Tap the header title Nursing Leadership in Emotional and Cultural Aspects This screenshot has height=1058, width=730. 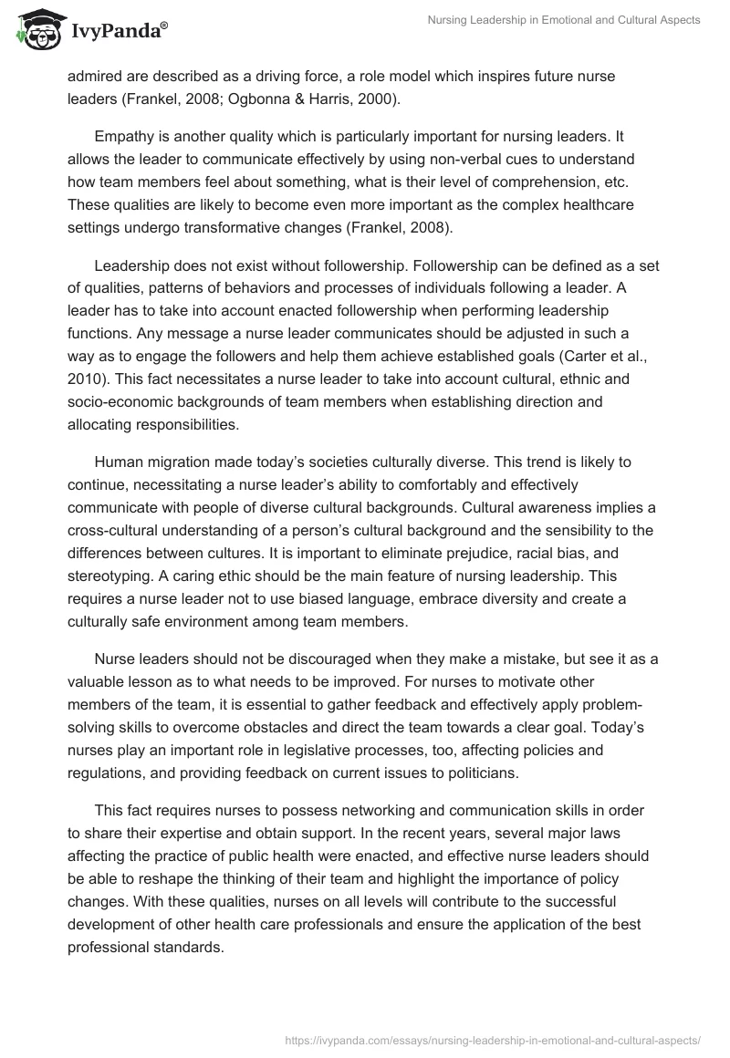[x=564, y=20]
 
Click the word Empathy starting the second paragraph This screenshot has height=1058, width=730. [x=124, y=139]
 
